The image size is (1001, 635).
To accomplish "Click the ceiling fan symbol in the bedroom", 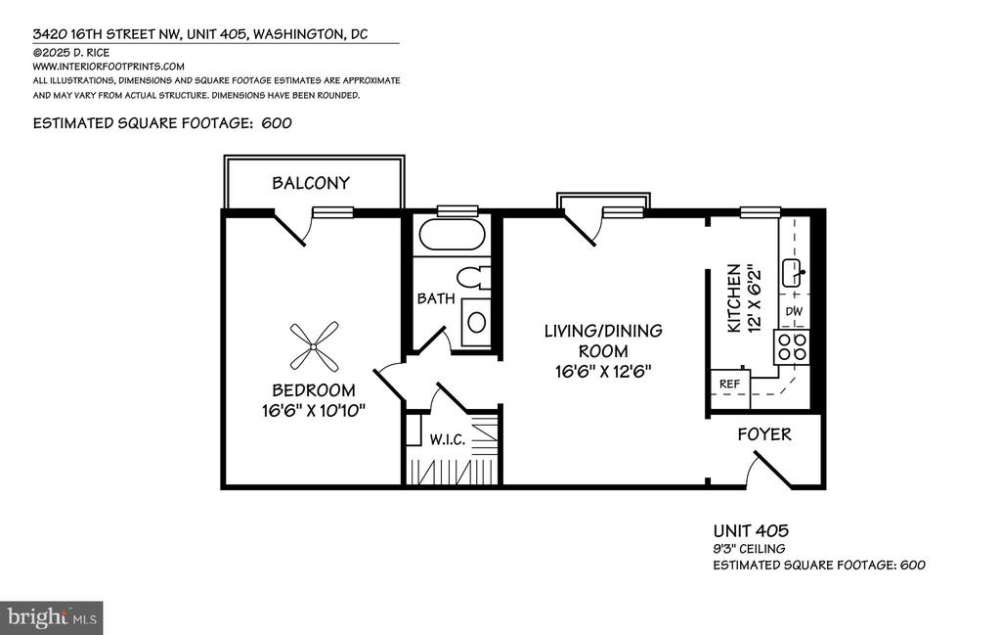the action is [x=314, y=346].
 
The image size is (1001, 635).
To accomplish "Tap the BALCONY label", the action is [x=311, y=183].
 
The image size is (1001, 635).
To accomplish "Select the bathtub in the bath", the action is [x=452, y=235].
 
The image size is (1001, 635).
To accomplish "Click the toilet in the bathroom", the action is [x=473, y=278].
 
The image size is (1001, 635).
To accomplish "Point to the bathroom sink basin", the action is [x=476, y=323].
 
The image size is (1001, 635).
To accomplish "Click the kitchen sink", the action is [x=794, y=273].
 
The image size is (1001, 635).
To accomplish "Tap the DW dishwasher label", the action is [x=794, y=312].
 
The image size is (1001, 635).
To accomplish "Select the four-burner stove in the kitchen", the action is [x=792, y=347].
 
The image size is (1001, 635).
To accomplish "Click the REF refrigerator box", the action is [x=730, y=384].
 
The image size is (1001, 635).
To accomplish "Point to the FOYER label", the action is [x=764, y=434].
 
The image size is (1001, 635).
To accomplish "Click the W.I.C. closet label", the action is [x=447, y=439].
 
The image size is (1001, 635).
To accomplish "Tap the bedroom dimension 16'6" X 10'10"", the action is [x=314, y=410].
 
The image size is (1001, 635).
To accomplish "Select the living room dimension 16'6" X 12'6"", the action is [x=603, y=371].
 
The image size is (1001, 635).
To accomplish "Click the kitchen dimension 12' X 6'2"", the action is [x=755, y=298].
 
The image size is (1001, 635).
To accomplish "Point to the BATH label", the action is [x=436, y=298].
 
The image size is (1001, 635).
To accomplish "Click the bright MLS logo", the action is [x=52, y=617].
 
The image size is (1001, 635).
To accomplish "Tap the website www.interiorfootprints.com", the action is [x=109, y=67].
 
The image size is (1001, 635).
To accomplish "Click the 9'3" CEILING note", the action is [x=749, y=548].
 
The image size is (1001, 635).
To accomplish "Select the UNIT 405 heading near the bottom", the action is [x=751, y=530].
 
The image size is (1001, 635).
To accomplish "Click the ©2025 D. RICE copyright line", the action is [x=70, y=53].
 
